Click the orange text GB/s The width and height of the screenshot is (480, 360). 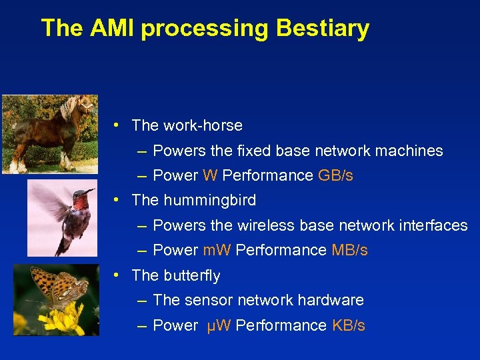click(x=335, y=175)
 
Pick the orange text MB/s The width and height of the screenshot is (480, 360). click(x=349, y=251)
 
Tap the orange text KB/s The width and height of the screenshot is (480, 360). click(x=348, y=326)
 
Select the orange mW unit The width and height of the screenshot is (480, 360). click(x=217, y=251)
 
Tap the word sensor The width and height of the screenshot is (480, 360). click(x=205, y=301)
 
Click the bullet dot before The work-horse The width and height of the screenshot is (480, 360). click(x=116, y=125)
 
